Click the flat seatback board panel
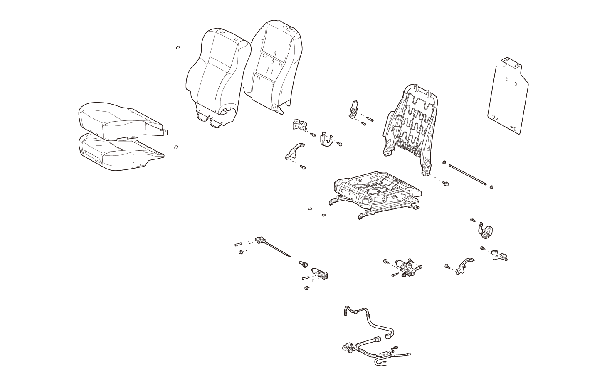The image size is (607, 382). [507, 98]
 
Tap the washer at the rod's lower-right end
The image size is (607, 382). [491, 187]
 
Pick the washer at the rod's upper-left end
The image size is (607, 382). [444, 163]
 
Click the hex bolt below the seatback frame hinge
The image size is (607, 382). [446, 183]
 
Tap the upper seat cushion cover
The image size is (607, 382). [118, 120]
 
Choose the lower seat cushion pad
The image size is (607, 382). [118, 154]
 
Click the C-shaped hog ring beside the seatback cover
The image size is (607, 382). [178, 48]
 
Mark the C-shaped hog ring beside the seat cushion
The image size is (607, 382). [176, 147]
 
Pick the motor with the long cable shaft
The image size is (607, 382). [262, 241]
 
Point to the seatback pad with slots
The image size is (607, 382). [272, 66]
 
